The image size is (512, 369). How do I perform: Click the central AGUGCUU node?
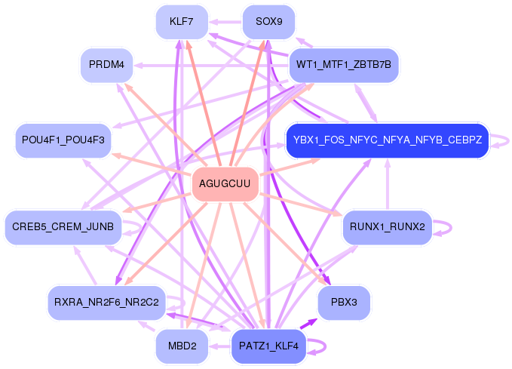[x=225, y=183]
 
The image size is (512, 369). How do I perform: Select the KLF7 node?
[x=182, y=22]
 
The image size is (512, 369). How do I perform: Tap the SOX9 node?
[x=268, y=22]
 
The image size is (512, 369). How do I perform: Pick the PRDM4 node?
[x=106, y=65]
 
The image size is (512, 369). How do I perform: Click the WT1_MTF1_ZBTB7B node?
[x=344, y=65]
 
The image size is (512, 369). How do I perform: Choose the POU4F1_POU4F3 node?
[x=63, y=140]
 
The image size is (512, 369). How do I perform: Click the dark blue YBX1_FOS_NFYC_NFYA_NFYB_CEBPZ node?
[x=388, y=140]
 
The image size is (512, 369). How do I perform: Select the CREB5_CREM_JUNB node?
[x=63, y=227]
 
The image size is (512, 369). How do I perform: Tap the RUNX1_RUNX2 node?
[x=388, y=227]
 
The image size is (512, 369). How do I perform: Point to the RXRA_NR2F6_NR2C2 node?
[x=106, y=303]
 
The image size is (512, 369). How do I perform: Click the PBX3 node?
[x=344, y=303]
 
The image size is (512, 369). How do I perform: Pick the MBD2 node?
[x=182, y=346]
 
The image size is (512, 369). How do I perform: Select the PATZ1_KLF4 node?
[x=268, y=346]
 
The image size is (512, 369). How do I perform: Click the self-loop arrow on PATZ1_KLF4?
[x=325, y=346]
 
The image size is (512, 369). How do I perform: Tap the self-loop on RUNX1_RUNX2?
[x=451, y=227]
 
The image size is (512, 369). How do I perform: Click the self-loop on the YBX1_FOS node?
[x=508, y=141]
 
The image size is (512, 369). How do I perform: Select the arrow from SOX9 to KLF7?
[x=225, y=22]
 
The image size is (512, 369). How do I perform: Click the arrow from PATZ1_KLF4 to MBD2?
[x=219, y=346]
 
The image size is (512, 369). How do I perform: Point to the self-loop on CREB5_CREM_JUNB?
[x=141, y=227]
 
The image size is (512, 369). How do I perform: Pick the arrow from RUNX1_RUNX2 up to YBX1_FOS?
[x=388, y=184]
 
